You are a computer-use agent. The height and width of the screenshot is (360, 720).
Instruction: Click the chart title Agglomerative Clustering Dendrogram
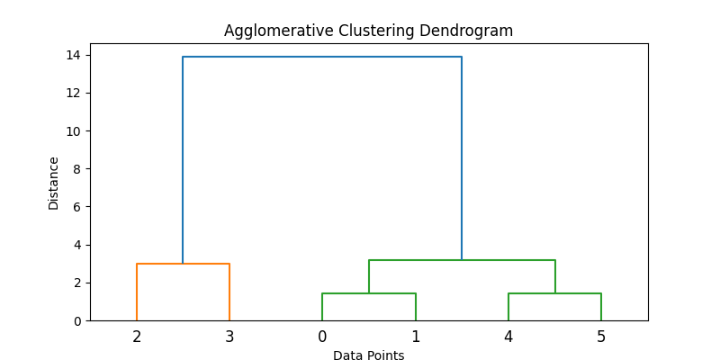click(x=368, y=31)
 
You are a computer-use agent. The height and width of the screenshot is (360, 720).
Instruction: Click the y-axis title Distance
click(x=54, y=184)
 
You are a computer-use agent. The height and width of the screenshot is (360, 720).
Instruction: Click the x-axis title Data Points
click(x=369, y=355)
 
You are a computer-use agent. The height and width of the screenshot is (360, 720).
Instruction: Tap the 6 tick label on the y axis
click(x=77, y=207)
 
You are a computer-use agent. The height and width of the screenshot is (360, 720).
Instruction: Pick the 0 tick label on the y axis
click(x=77, y=321)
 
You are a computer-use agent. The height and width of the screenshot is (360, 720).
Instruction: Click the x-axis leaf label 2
click(x=137, y=337)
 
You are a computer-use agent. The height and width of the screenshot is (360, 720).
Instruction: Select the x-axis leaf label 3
click(x=229, y=337)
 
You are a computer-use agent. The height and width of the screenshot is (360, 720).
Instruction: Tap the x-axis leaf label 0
click(x=322, y=337)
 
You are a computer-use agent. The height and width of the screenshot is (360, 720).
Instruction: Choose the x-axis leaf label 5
click(x=601, y=337)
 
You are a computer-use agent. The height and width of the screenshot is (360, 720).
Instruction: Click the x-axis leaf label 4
click(x=508, y=337)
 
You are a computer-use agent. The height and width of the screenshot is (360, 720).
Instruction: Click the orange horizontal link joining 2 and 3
click(x=184, y=264)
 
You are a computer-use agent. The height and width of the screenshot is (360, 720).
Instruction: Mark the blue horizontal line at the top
click(x=322, y=57)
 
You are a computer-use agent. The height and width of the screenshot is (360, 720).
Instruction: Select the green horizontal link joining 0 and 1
click(x=369, y=293)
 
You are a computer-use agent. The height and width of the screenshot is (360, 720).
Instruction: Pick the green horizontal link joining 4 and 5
click(x=554, y=293)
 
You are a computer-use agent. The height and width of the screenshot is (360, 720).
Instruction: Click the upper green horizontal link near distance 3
click(x=462, y=260)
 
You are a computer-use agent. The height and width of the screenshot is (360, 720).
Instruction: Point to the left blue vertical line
click(x=183, y=160)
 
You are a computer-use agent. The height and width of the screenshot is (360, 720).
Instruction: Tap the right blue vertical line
click(x=462, y=158)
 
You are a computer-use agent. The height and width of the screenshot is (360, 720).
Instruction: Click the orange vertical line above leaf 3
click(x=229, y=292)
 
